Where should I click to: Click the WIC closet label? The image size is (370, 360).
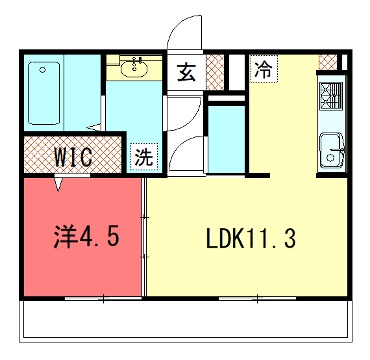(x=73, y=157)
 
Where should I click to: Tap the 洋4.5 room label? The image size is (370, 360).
(x=86, y=237)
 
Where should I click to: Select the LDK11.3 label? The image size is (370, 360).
(x=251, y=239)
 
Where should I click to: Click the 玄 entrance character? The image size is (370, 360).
(x=186, y=72)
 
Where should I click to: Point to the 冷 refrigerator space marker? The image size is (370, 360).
(x=264, y=69)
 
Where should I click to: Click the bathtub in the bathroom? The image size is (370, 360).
(x=44, y=94)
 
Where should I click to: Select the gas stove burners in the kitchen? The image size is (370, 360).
(x=331, y=96)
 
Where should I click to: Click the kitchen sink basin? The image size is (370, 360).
(x=331, y=150)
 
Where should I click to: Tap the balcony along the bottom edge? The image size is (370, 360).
(x=186, y=321)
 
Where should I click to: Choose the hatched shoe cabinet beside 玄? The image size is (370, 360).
(x=215, y=72)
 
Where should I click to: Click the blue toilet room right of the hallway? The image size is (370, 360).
(x=226, y=139)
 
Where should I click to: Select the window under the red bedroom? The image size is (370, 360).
(x=104, y=298)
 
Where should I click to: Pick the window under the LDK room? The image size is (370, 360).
(x=257, y=298)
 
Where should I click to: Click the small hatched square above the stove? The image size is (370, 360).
(x=328, y=62)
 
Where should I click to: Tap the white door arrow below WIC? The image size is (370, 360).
(x=59, y=184)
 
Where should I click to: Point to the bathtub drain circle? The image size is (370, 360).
(x=42, y=70)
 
